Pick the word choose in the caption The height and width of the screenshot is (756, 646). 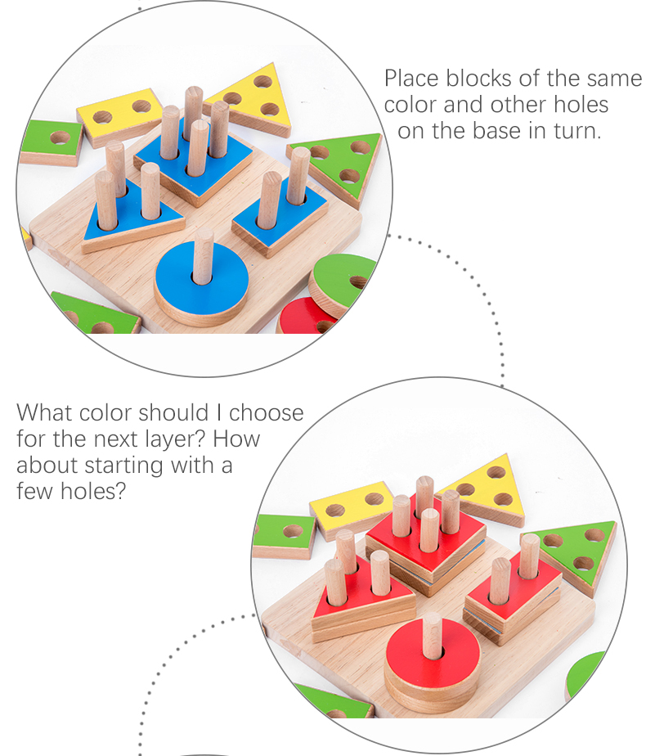tap(266, 412)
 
